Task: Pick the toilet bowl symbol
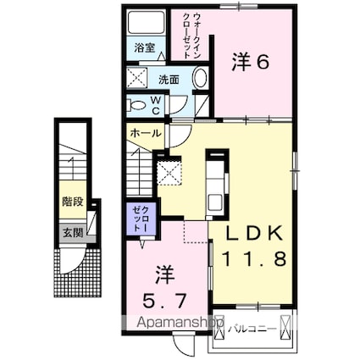[x=136, y=105]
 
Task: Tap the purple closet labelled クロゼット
[x=140, y=220]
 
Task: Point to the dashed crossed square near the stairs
[x=170, y=174]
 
